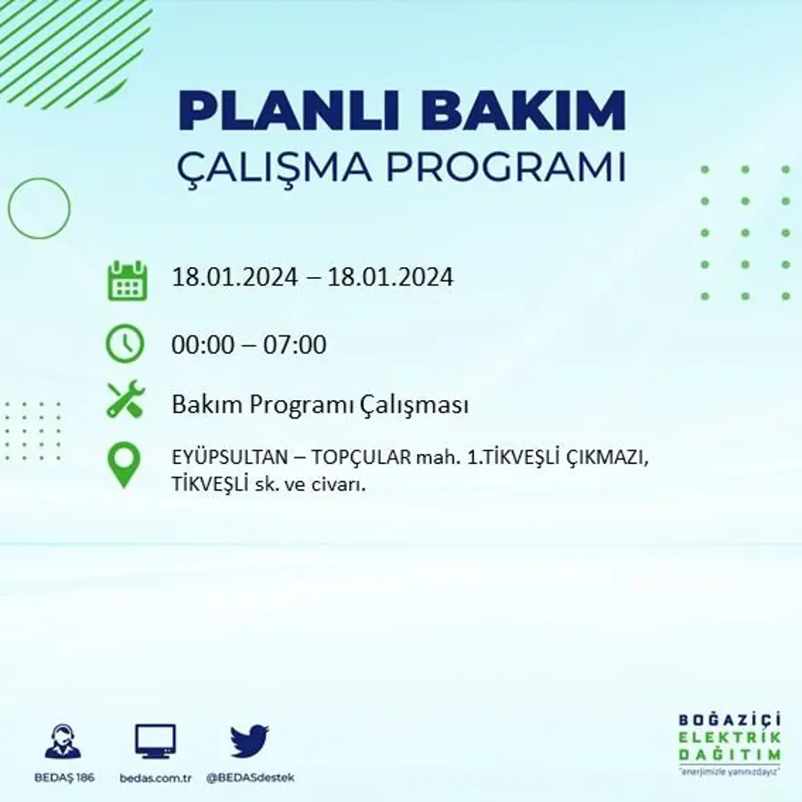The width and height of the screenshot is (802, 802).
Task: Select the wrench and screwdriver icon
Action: tap(125, 399)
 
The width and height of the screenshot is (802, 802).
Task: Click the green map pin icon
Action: tap(124, 465)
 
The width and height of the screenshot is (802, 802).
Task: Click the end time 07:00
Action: tap(294, 345)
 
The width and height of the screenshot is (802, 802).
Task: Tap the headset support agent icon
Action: tap(63, 742)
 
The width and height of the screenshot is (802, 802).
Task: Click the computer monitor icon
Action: tap(155, 742)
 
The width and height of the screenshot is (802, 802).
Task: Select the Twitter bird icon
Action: tap(249, 741)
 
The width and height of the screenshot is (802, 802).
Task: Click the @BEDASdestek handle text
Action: tap(250, 777)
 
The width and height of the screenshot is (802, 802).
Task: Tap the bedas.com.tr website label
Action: tap(155, 777)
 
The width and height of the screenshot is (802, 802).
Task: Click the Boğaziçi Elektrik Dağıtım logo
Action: tap(729, 743)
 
